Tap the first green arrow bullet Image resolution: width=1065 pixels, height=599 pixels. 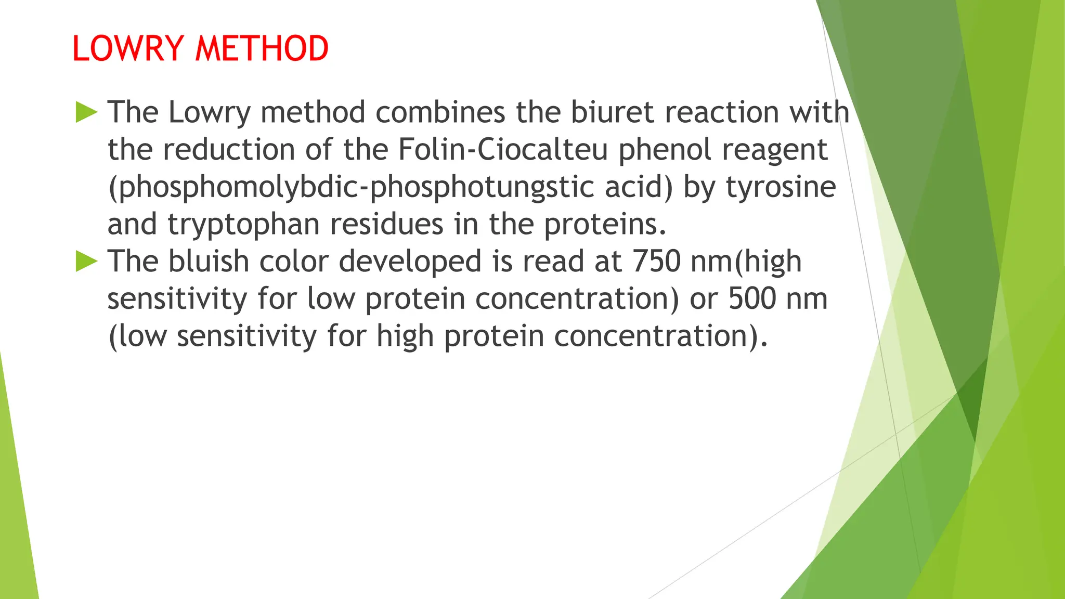pyautogui.click(x=86, y=112)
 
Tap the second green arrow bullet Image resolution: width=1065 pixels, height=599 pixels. pyautogui.click(x=86, y=261)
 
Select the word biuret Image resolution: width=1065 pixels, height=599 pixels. pyautogui.click(x=612, y=112)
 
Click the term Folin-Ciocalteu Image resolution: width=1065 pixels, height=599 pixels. pyautogui.click(x=503, y=150)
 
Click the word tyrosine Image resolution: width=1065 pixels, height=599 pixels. pyautogui.click(x=781, y=187)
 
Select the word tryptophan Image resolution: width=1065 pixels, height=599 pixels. pyautogui.click(x=243, y=225)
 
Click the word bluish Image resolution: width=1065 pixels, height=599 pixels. pyautogui.click(x=209, y=261)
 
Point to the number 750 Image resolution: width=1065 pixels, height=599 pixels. pyautogui.click(x=656, y=261)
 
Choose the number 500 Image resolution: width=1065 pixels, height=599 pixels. pyautogui.click(x=752, y=298)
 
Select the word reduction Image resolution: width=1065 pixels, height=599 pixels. pyautogui.click(x=229, y=150)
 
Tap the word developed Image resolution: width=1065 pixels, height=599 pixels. pyautogui.click(x=410, y=261)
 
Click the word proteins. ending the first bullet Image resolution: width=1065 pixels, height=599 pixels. pyautogui.click(x=605, y=225)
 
